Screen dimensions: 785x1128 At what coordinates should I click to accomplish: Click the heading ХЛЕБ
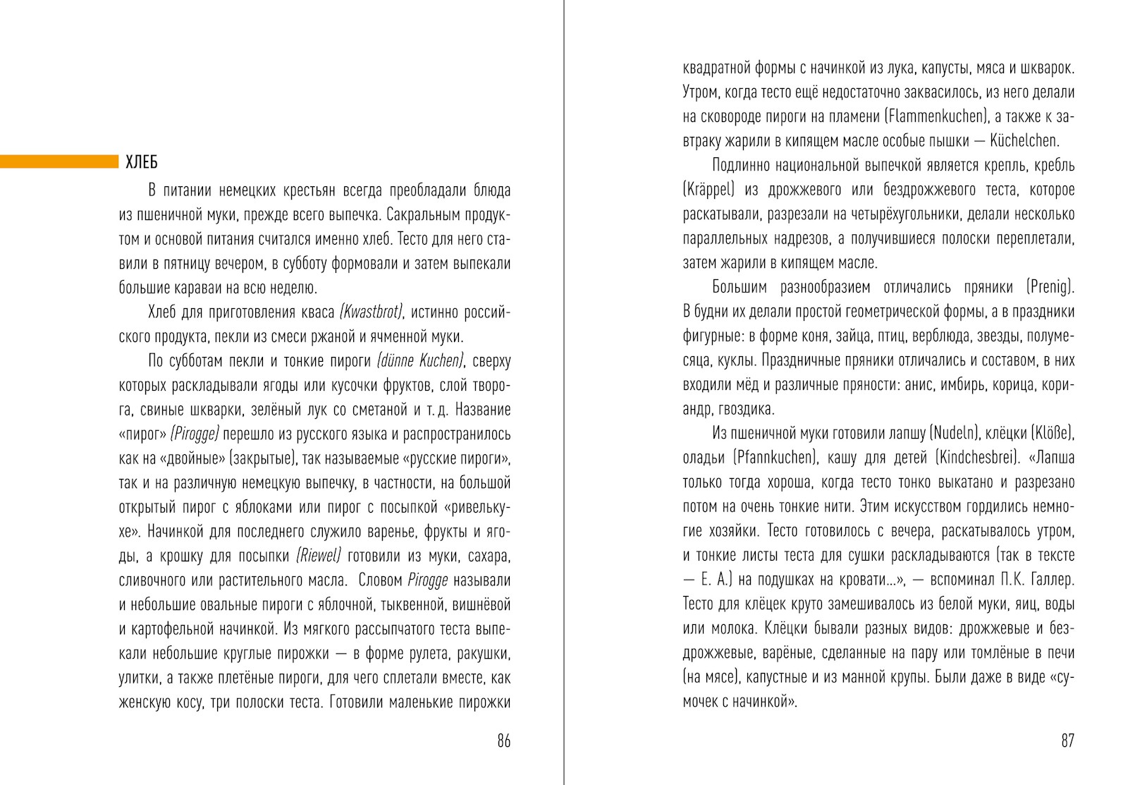(x=141, y=162)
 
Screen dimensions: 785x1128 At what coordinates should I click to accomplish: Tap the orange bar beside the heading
(x=59, y=162)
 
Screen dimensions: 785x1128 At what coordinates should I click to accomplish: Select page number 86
(x=503, y=741)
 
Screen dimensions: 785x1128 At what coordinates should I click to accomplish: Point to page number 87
(x=1067, y=741)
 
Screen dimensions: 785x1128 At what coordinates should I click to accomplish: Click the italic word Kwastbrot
(x=371, y=312)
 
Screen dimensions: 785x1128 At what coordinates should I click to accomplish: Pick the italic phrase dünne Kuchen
(x=420, y=361)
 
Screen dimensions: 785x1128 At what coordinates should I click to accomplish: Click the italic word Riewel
(x=319, y=556)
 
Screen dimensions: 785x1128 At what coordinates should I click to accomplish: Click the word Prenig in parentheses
(x=1050, y=287)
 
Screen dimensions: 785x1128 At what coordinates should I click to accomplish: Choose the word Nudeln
(x=955, y=433)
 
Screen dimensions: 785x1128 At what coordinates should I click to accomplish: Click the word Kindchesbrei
(x=979, y=458)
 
